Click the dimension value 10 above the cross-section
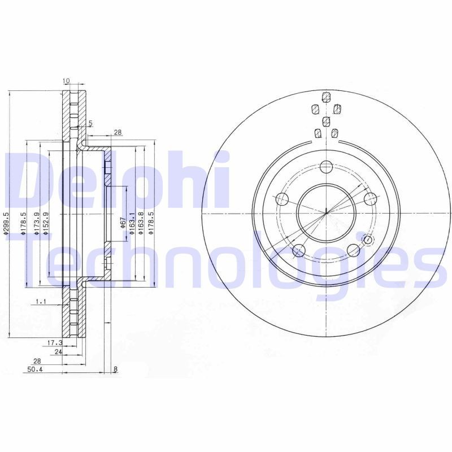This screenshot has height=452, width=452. [66, 81]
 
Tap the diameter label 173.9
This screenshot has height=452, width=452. [36, 223]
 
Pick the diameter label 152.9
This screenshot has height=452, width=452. [45, 223]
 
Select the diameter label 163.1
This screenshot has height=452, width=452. [132, 223]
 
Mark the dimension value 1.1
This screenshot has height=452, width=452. [40, 302]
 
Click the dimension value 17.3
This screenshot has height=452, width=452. [54, 342]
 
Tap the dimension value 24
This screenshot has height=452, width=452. [58, 351]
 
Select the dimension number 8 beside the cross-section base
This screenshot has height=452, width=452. [115, 370]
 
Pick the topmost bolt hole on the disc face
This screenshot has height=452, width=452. [326, 167]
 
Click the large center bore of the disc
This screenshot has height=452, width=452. [326, 212]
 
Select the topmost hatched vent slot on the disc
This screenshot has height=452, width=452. [325, 96]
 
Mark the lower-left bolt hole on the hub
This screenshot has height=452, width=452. [299, 250]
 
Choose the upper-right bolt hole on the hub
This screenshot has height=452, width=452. [371, 198]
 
